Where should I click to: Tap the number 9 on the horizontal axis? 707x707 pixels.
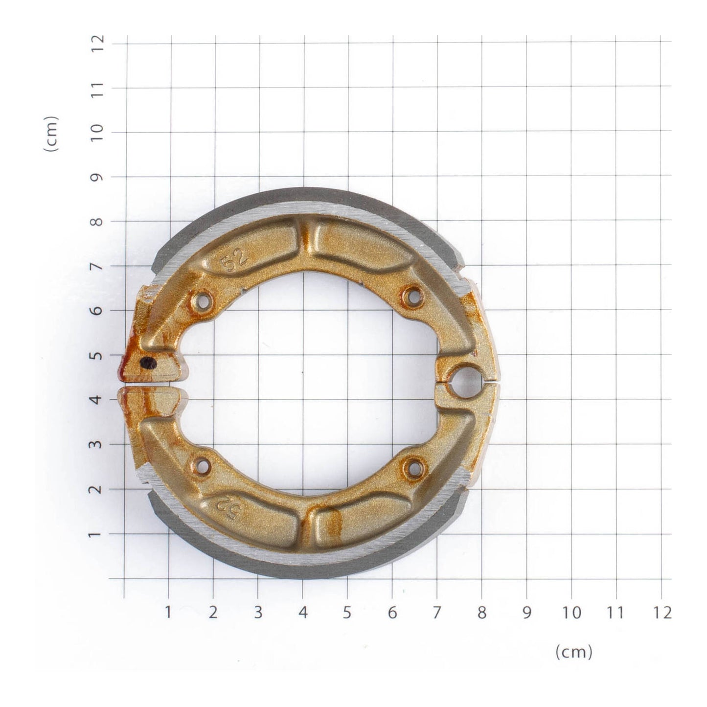(x=526, y=613)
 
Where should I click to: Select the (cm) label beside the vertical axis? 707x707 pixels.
(x=51, y=134)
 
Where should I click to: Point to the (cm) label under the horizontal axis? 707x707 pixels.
(x=574, y=652)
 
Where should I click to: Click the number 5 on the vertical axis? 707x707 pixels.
(x=98, y=355)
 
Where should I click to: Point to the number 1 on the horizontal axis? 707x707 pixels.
(x=168, y=613)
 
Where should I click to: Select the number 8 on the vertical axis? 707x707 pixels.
(x=98, y=221)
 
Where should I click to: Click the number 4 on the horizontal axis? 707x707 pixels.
(x=303, y=613)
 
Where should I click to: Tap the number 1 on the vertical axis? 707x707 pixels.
(x=98, y=534)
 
